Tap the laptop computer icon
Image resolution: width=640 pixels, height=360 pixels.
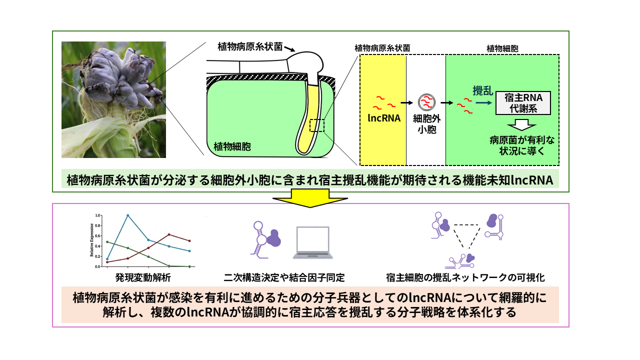click(312, 243)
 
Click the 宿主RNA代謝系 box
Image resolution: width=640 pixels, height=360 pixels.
click(522, 103)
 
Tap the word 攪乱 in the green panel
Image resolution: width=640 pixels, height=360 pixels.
click(483, 91)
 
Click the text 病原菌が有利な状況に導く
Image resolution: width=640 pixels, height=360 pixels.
click(522, 145)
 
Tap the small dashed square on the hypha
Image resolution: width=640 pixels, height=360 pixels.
click(317, 125)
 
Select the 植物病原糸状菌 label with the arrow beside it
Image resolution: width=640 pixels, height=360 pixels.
click(250, 46)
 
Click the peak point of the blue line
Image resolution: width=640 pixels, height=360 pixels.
click(128, 215)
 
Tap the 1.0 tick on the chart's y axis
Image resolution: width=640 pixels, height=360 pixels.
click(98, 215)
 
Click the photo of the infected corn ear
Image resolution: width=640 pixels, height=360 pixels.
click(113, 99)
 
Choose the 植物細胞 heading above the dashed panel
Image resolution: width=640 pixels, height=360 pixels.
click(502, 48)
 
